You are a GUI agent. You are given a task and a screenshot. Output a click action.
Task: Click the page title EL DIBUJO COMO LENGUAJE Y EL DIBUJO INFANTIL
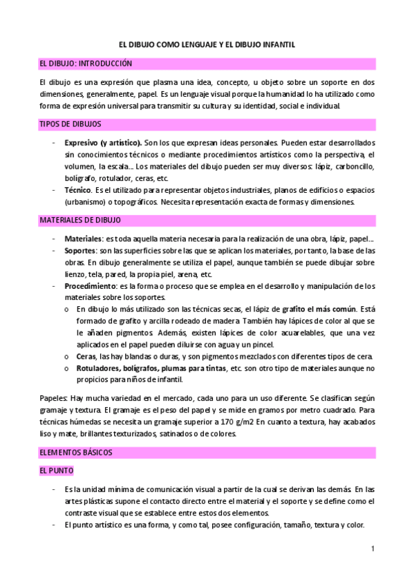coord(207,44)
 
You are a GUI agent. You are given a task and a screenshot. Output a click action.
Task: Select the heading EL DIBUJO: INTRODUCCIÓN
coord(85,64)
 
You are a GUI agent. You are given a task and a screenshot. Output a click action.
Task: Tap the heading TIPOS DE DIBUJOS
coord(70,124)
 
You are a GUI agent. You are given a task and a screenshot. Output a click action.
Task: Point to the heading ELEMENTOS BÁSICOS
coord(76,452)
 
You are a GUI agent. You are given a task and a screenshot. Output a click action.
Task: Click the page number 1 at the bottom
coord(372,549)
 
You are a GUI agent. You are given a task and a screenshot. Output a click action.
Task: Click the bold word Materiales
coord(83,238)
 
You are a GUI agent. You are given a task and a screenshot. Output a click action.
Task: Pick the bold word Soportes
coord(79,250)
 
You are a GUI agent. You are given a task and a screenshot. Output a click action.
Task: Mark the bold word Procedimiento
coord(90,285)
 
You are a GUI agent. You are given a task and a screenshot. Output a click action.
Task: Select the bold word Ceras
coord(87,357)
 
